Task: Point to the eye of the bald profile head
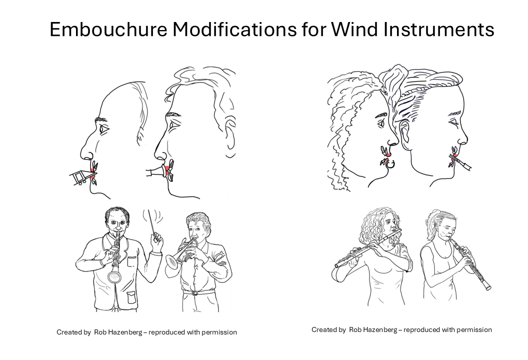(x=104, y=129)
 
